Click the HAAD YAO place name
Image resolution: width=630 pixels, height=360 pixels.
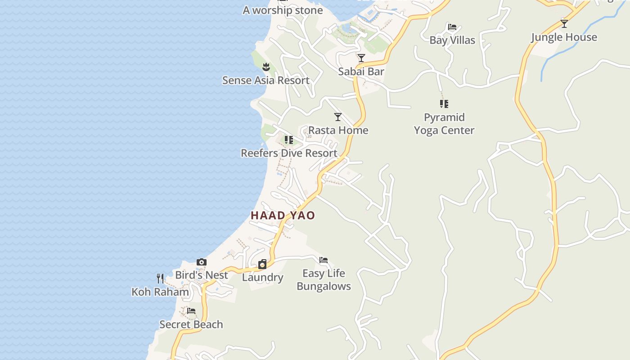click(283, 216)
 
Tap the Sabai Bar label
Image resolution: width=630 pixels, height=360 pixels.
click(361, 72)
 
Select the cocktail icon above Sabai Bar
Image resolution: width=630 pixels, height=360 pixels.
click(361, 58)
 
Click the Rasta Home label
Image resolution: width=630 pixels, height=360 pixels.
click(338, 130)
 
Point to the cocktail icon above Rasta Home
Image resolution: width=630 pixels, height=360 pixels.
click(338, 117)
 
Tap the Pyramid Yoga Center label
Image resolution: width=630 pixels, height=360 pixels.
click(444, 124)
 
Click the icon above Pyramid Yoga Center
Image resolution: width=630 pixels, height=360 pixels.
click(444, 104)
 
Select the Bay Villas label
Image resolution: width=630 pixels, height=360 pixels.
click(452, 40)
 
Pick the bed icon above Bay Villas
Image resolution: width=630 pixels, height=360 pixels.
click(452, 27)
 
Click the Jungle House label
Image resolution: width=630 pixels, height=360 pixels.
click(564, 37)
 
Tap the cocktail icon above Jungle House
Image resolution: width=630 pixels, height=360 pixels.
click(564, 23)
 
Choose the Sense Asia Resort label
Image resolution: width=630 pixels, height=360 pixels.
click(266, 81)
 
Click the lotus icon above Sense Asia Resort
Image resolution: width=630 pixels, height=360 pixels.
click(266, 67)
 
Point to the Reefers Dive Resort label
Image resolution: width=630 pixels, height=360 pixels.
click(289, 153)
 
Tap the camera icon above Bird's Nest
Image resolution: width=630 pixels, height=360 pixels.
click(202, 262)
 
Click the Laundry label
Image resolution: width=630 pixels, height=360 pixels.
click(262, 278)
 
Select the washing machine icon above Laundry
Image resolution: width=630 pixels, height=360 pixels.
click(262, 264)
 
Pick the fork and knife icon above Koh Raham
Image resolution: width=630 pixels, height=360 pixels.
click(160, 278)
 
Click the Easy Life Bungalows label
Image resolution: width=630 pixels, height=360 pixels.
click(324, 279)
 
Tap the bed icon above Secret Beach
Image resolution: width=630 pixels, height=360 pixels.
click(191, 310)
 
